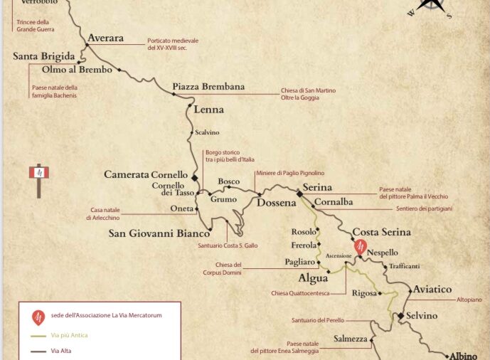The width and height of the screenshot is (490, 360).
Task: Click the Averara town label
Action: (x=105, y=38)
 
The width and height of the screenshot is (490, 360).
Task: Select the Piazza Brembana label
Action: (x=208, y=87)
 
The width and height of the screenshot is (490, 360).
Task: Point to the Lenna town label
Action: (x=209, y=110)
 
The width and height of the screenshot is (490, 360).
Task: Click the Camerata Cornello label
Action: (x=146, y=174)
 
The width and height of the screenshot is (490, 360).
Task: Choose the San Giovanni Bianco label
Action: (x=159, y=233)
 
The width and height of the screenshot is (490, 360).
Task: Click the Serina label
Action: (x=317, y=188)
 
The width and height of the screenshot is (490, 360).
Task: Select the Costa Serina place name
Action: (x=382, y=233)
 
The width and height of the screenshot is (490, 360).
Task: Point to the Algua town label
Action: (x=312, y=278)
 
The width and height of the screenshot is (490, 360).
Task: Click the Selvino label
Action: (x=422, y=315)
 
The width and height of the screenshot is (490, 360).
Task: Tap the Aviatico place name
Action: (x=432, y=290)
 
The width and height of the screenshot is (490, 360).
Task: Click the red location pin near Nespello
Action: (x=361, y=246)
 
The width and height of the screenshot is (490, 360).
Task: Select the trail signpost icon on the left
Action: (x=38, y=178)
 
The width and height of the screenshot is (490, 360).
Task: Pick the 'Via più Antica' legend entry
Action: (x=70, y=334)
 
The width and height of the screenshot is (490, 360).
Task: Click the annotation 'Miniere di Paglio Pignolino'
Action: (x=289, y=173)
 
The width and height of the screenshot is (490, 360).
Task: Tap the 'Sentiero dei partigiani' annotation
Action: (x=424, y=208)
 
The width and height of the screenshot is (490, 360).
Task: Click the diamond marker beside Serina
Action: (x=299, y=192)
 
